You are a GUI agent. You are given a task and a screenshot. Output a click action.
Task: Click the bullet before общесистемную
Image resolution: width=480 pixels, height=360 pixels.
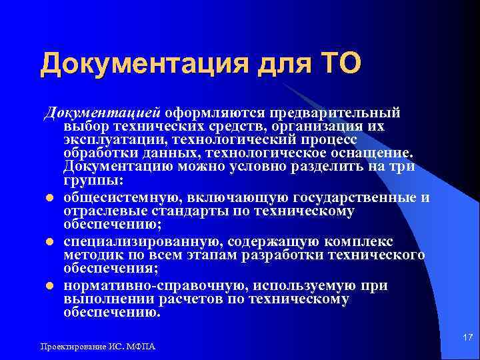49,198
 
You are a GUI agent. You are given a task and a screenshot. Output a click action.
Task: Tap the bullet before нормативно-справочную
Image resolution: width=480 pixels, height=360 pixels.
49,286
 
